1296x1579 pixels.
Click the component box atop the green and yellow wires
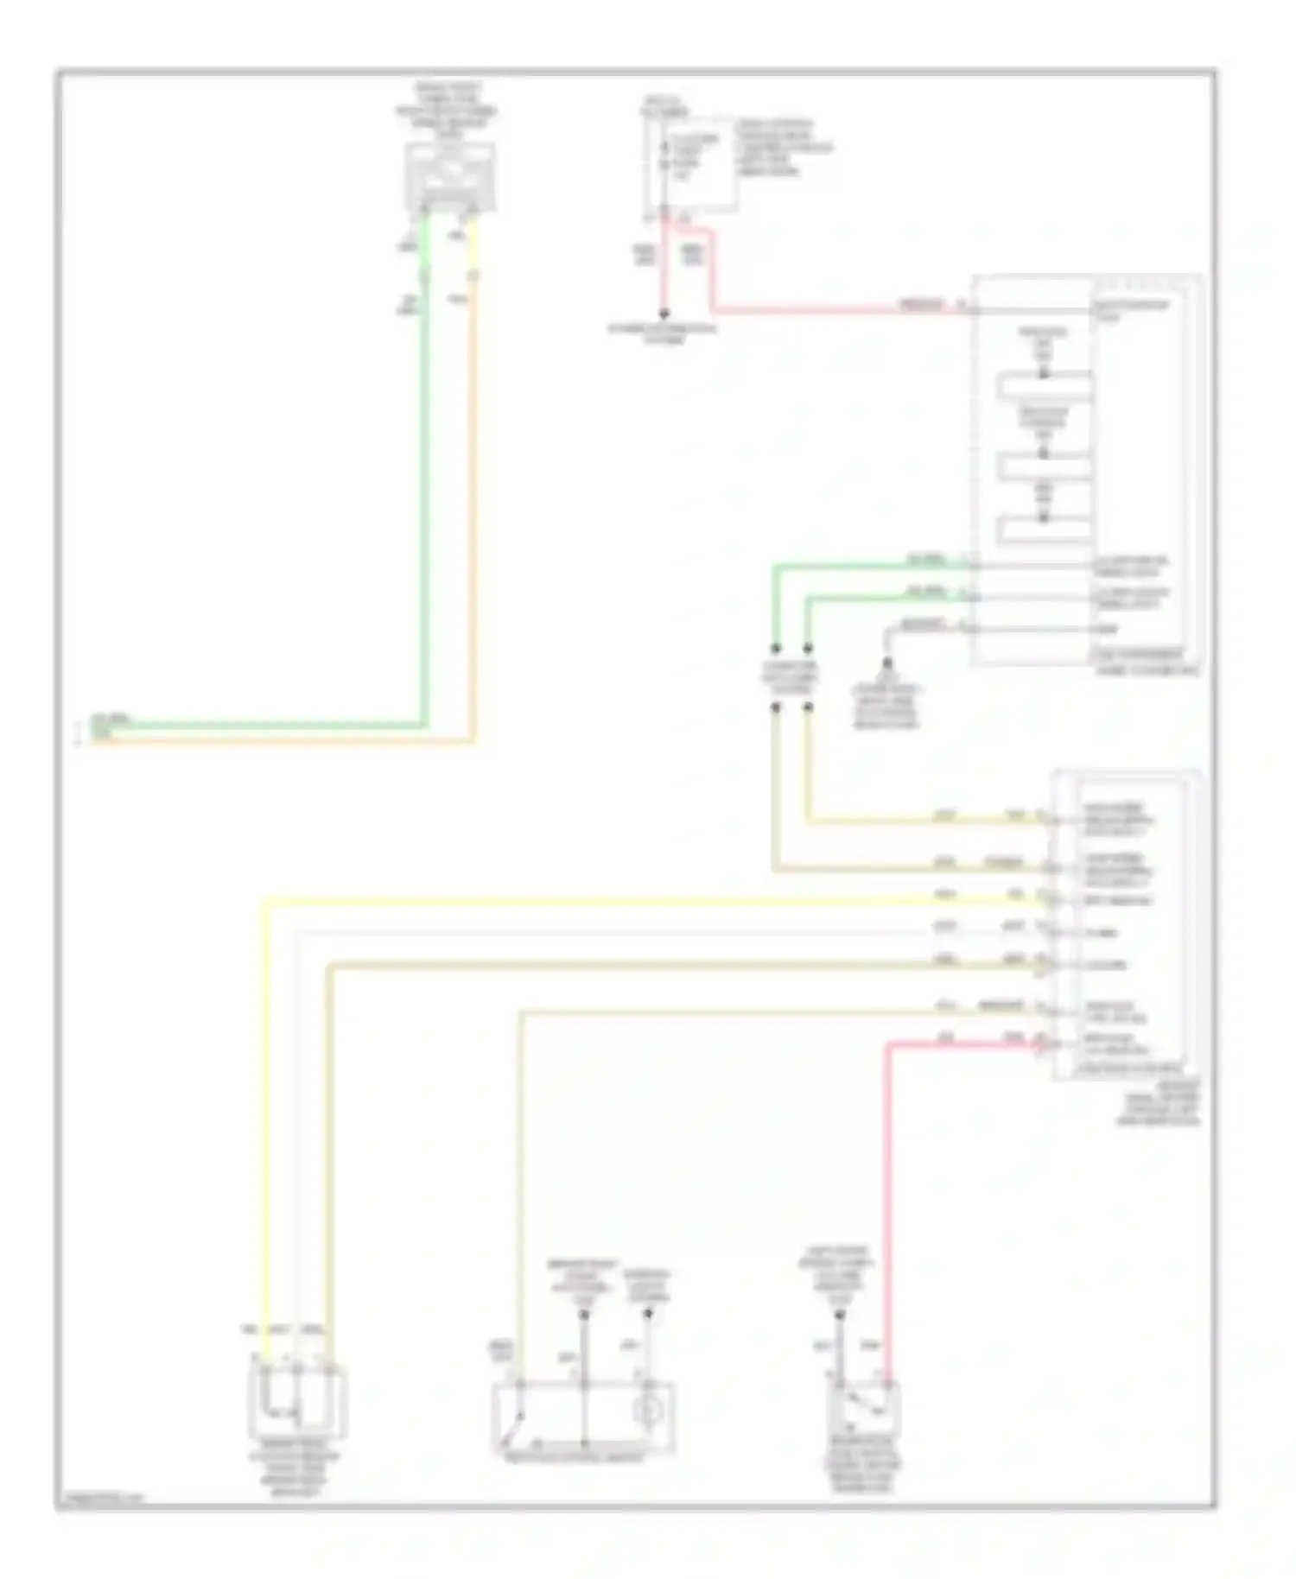pyautogui.click(x=450, y=177)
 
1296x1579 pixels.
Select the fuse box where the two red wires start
pyautogui.click(x=689, y=163)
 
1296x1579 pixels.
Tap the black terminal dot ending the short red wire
pyautogui.click(x=664, y=315)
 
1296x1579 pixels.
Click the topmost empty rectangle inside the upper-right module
pyautogui.click(x=1044, y=386)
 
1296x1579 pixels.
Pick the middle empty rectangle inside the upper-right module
pyautogui.click(x=1044, y=466)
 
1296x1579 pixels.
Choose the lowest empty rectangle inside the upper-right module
pyautogui.click(x=1044, y=529)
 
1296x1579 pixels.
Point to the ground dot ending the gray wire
pyautogui.click(x=886, y=664)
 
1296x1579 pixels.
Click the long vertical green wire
pyautogui.click(x=424, y=484)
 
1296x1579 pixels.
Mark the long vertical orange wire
pyautogui.click(x=473, y=518)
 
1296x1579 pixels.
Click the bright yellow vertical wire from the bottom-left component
pyautogui.click(x=265, y=1123)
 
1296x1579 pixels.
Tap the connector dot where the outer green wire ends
pyautogui.click(x=775, y=648)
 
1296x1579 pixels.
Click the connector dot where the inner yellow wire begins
pyautogui.click(x=808, y=707)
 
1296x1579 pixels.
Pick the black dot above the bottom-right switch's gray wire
pyautogui.click(x=838, y=1316)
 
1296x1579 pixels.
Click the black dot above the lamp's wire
pyautogui.click(x=648, y=1314)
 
